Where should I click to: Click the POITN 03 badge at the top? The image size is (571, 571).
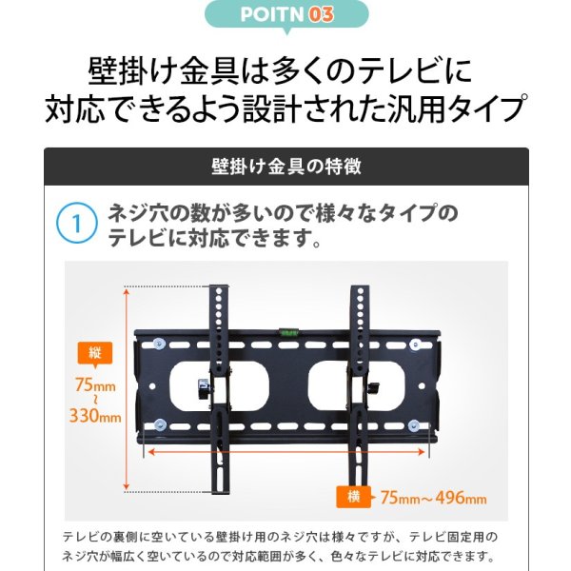coord(285,15)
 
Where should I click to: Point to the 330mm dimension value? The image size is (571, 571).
coord(95,416)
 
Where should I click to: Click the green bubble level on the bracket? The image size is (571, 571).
coord(286,331)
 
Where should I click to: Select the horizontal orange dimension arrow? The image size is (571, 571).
coord(285,454)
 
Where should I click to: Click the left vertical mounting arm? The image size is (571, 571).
coord(218,381)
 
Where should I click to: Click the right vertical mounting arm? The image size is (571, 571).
coord(358,381)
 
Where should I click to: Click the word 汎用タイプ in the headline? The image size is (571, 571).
coord(456,109)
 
